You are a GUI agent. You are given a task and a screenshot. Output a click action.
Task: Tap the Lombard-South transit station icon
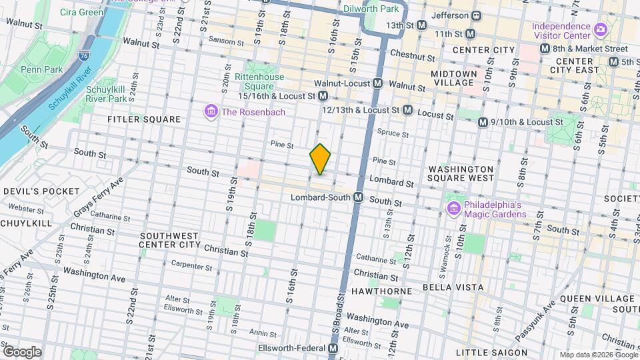[x=358, y=197]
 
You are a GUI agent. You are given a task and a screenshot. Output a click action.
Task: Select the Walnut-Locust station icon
[x=378, y=83]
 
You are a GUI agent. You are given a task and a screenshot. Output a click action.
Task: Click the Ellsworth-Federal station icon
[x=333, y=349]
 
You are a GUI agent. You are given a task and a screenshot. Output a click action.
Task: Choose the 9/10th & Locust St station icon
[x=483, y=122]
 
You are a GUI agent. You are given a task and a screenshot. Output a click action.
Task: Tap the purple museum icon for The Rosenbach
[x=211, y=111]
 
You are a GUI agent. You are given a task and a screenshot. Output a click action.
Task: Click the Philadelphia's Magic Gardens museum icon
[x=453, y=209]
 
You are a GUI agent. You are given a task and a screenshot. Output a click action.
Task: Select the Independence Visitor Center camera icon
[x=600, y=29]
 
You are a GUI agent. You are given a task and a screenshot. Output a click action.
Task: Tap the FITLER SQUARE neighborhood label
[x=144, y=119]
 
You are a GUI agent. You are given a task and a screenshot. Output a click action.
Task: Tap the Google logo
[x=22, y=351]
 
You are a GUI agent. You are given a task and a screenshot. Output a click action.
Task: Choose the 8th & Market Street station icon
[x=545, y=49]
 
